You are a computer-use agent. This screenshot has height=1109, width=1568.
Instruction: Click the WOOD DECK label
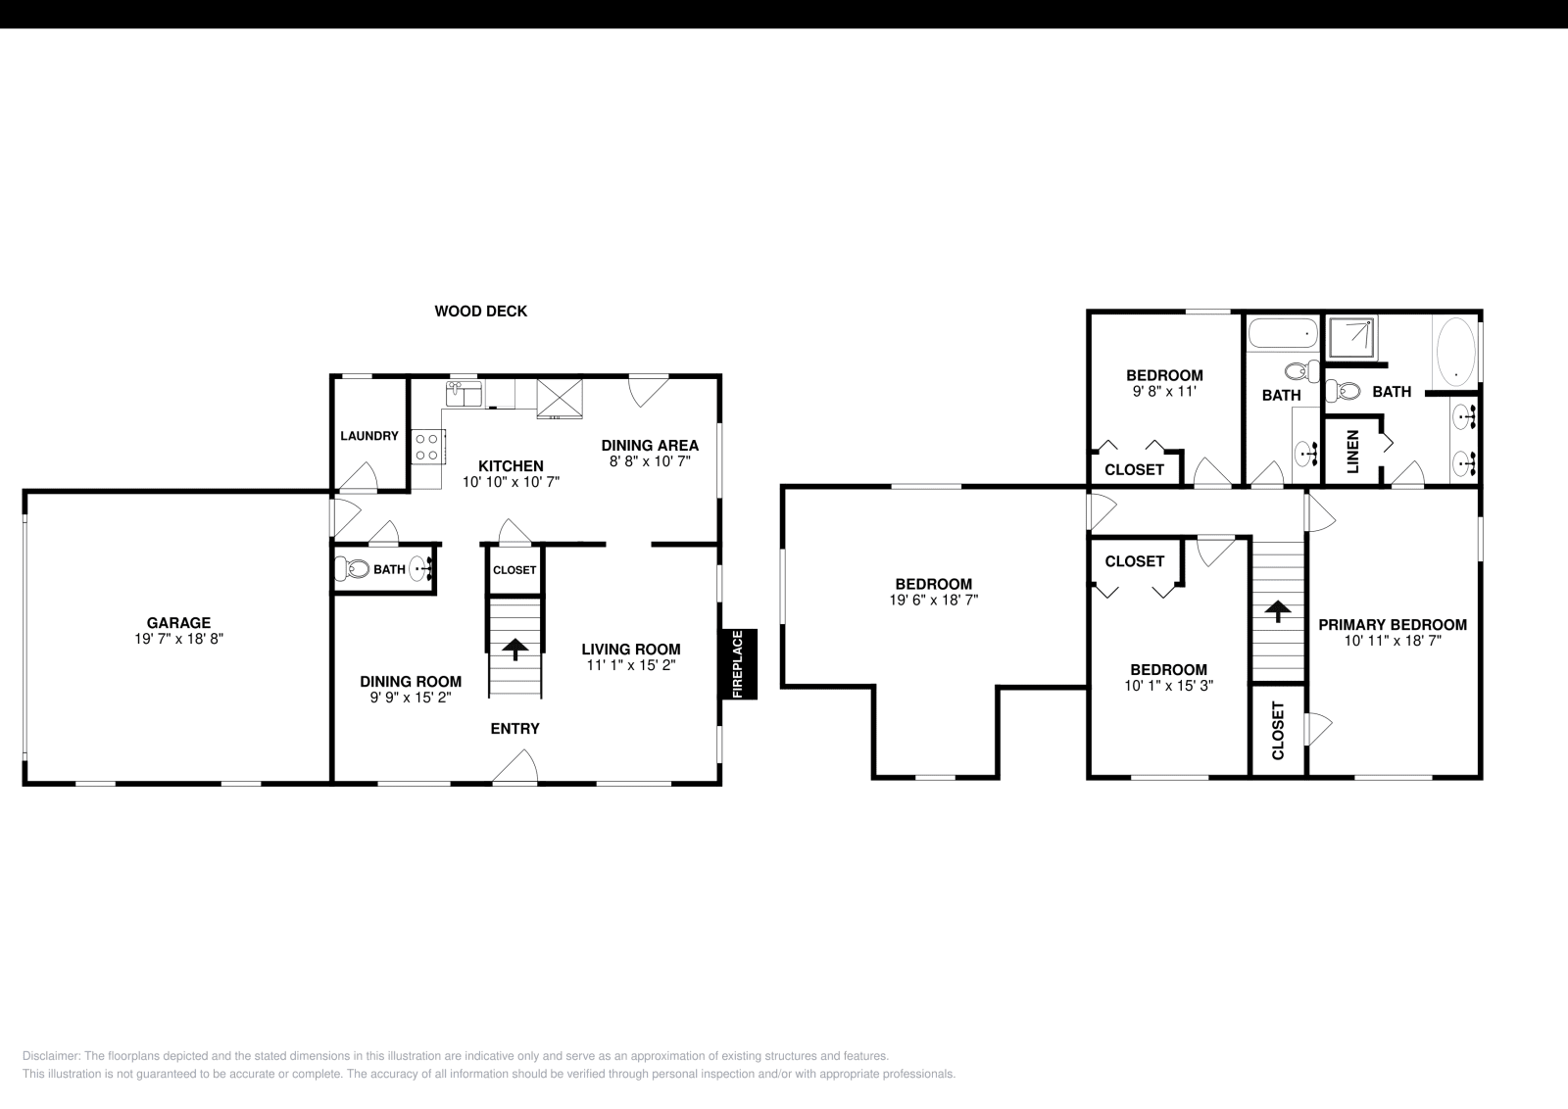(480, 312)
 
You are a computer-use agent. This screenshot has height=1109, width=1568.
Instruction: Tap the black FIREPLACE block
(739, 664)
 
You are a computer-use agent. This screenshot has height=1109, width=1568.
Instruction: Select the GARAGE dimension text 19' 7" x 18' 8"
(178, 638)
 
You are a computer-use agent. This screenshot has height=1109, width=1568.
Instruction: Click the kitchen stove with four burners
(426, 448)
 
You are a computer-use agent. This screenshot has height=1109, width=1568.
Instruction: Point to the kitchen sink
(463, 394)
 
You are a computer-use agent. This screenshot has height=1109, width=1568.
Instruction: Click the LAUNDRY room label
(369, 436)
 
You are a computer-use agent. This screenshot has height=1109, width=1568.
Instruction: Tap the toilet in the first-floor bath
(352, 569)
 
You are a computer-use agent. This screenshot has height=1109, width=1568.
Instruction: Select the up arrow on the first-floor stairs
(514, 650)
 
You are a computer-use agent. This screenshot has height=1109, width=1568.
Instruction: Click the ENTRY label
(514, 729)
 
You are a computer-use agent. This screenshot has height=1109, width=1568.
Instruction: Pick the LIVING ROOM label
(630, 650)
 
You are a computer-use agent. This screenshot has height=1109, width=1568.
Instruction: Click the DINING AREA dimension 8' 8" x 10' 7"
(650, 460)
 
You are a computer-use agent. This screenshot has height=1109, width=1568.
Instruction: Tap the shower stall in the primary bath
(1350, 337)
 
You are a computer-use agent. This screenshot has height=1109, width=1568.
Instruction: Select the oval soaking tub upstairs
(1454, 349)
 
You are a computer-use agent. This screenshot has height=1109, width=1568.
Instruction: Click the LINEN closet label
(1352, 451)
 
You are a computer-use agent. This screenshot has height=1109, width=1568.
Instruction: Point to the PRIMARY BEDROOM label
(1392, 625)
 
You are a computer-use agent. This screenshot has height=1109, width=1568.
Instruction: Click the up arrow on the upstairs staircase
(1277, 611)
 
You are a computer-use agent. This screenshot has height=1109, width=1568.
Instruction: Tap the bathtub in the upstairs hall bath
(1283, 335)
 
